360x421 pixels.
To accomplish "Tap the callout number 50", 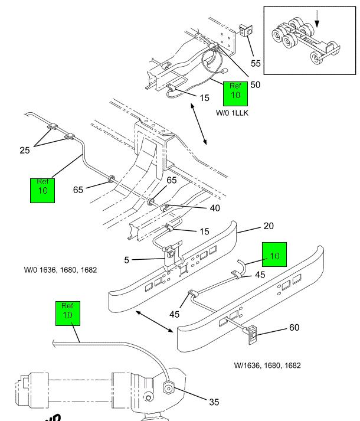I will click(x=255, y=85).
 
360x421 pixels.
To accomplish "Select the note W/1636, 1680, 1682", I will click(x=267, y=365).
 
